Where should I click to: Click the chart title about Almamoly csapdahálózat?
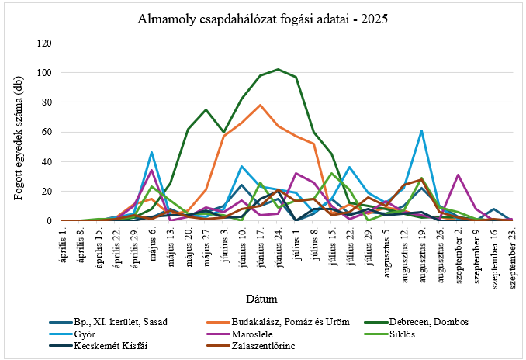[262, 18]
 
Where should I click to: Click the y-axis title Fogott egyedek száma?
[17, 132]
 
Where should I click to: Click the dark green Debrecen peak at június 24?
[278, 70]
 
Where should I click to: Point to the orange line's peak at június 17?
[260, 105]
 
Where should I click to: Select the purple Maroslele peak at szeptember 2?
[458, 175]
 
